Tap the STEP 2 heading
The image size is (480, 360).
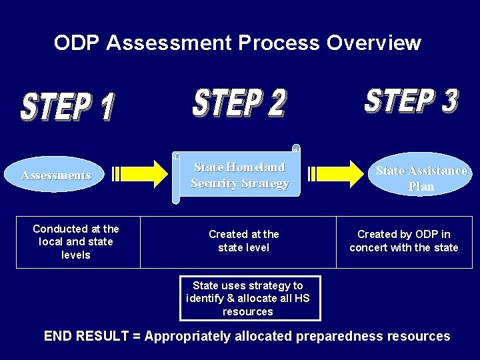pos(239,103)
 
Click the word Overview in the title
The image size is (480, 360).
pos(374,43)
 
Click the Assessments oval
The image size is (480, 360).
pos(56,175)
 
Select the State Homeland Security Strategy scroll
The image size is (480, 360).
pos(239,175)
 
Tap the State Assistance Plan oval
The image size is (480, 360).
pos(421,178)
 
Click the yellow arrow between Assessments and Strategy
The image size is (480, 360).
pos(141,175)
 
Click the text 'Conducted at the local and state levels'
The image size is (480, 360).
pos(75,241)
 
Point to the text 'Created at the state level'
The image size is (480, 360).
pos(243,241)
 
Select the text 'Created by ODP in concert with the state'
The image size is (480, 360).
pos(403,241)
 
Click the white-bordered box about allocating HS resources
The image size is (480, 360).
pos(248,298)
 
